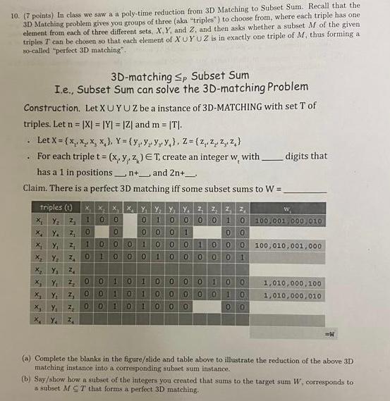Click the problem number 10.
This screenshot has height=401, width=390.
pos(11,6)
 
